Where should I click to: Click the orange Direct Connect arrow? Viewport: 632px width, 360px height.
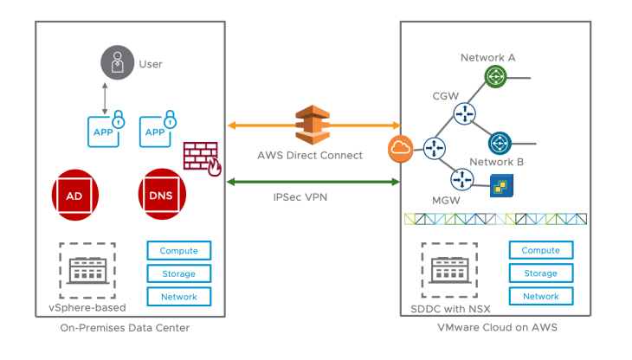coord(260,125)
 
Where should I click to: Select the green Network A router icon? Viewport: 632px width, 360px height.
coord(494,77)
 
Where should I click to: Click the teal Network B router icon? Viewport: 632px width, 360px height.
coord(500,143)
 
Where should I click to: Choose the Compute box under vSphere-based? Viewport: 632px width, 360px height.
coord(179,251)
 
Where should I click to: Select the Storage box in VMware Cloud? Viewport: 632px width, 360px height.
coord(541,273)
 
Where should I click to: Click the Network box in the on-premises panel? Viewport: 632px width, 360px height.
coord(179,297)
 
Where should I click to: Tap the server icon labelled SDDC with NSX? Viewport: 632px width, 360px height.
coord(450,269)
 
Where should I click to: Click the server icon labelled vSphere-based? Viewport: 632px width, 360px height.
coord(87,269)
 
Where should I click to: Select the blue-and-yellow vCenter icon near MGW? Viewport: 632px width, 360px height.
coord(500,184)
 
